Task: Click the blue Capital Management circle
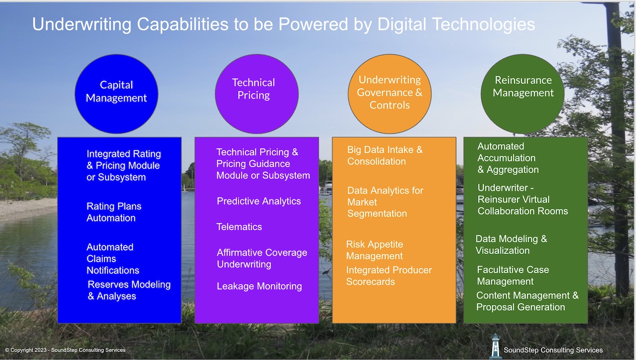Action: pyautogui.click(x=117, y=91)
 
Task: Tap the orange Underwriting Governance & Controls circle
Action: pyautogui.click(x=390, y=92)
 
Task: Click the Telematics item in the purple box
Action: pyautogui.click(x=239, y=227)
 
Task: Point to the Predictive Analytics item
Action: pyautogui.click(x=259, y=201)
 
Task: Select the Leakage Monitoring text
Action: pyautogui.click(x=259, y=286)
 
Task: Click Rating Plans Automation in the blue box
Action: pyautogui.click(x=114, y=212)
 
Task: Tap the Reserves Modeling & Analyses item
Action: pyautogui.click(x=129, y=290)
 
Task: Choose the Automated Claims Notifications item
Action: pyautogui.click(x=113, y=259)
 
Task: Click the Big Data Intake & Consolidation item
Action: pyautogui.click(x=385, y=156)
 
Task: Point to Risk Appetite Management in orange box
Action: pyautogui.click(x=375, y=250)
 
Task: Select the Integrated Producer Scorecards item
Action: pyautogui.click(x=389, y=276)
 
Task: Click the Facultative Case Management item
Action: pyautogui.click(x=513, y=276)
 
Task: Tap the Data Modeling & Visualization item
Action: pyautogui.click(x=511, y=245)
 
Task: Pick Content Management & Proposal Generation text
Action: pyautogui.click(x=527, y=301)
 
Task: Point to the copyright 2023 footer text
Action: pyautogui.click(x=65, y=350)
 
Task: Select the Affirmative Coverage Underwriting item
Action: pyautogui.click(x=262, y=258)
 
